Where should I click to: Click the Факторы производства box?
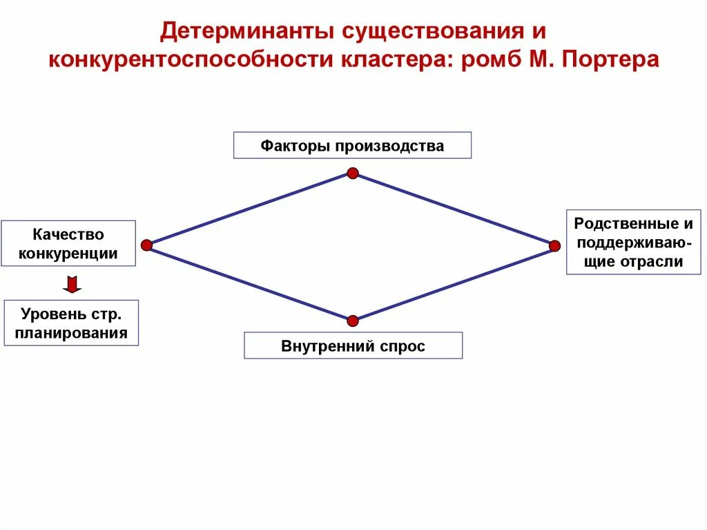[352, 146]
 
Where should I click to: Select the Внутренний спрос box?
[353, 346]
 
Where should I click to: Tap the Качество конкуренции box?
[68, 244]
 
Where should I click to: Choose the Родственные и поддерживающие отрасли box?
[633, 243]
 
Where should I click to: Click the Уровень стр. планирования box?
[71, 323]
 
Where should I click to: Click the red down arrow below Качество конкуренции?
[72, 284]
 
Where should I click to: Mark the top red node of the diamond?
[353, 173]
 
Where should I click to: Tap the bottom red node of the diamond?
[353, 321]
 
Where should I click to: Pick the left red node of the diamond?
[146, 245]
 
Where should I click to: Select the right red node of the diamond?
[554, 245]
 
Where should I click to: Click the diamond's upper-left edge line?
[249, 209]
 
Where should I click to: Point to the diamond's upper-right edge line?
[454, 209]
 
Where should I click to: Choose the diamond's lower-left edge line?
[249, 283]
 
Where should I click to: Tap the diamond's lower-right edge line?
[454, 283]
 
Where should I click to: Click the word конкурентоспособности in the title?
[190, 59]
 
